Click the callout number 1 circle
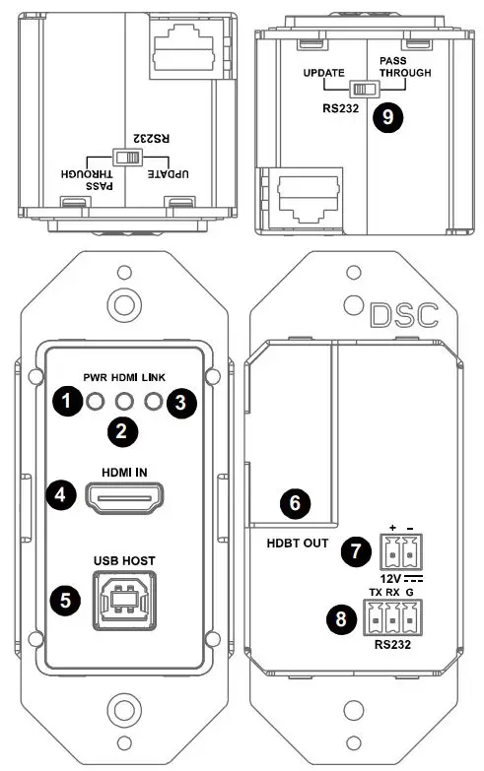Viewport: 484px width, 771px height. [x=65, y=401]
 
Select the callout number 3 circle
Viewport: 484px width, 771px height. [x=179, y=401]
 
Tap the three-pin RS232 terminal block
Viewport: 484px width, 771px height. [x=387, y=618]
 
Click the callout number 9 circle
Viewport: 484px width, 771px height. [x=387, y=116]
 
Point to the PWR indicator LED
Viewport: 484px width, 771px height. [x=94, y=401]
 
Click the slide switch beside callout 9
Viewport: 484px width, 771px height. [x=367, y=89]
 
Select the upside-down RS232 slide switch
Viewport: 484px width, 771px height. [x=126, y=158]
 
